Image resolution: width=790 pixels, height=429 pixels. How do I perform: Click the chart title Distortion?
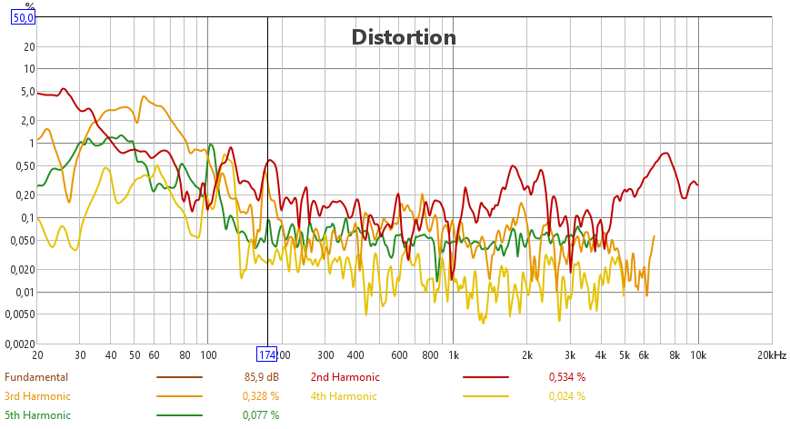(404, 37)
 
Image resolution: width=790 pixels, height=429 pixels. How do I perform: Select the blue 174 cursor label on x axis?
(267, 354)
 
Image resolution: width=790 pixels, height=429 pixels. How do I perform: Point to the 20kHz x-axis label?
(772, 354)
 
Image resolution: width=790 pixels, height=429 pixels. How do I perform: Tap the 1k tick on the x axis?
(454, 354)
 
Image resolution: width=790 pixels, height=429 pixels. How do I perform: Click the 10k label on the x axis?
(698, 354)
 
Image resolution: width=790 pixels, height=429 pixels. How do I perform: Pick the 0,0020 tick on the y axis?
(18, 344)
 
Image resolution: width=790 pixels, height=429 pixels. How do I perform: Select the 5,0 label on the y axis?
(25, 92)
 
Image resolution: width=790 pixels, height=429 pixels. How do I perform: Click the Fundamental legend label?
(36, 376)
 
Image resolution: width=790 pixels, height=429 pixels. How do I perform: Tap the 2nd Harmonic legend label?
(345, 376)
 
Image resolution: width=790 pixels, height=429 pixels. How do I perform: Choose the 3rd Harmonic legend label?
(37, 395)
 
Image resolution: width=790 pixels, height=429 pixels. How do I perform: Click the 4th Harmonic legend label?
(344, 395)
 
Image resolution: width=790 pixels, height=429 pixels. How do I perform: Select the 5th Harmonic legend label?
(37, 414)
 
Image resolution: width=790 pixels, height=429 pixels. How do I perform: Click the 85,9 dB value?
(262, 376)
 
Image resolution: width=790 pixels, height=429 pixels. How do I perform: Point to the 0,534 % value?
(566, 376)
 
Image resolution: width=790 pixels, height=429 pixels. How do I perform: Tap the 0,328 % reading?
(260, 395)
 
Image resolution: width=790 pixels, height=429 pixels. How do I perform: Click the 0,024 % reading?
(566, 395)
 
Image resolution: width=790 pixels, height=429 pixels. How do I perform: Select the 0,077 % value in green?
(260, 414)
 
